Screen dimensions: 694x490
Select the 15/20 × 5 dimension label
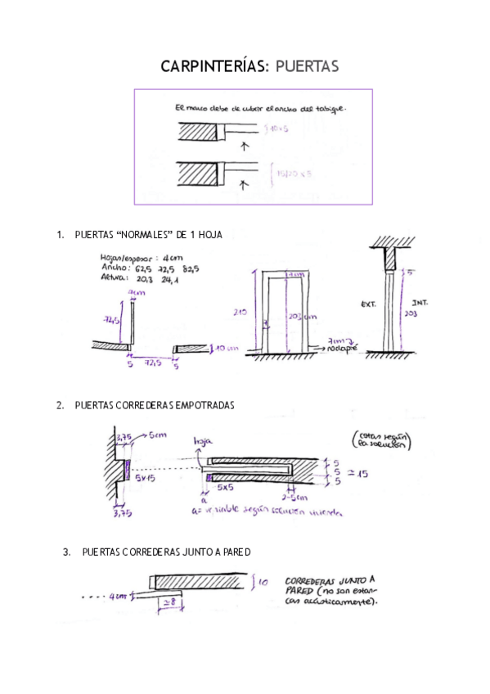coord(285,173)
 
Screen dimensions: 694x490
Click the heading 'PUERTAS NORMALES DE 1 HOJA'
coord(148,235)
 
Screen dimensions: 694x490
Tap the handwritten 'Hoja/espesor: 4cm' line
coord(137,255)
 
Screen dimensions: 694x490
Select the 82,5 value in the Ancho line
coord(191,267)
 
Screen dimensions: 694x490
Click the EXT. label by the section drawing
coord(368,304)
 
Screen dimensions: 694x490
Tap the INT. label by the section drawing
coord(421,302)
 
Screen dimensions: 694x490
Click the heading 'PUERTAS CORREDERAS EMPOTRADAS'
coord(154,404)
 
